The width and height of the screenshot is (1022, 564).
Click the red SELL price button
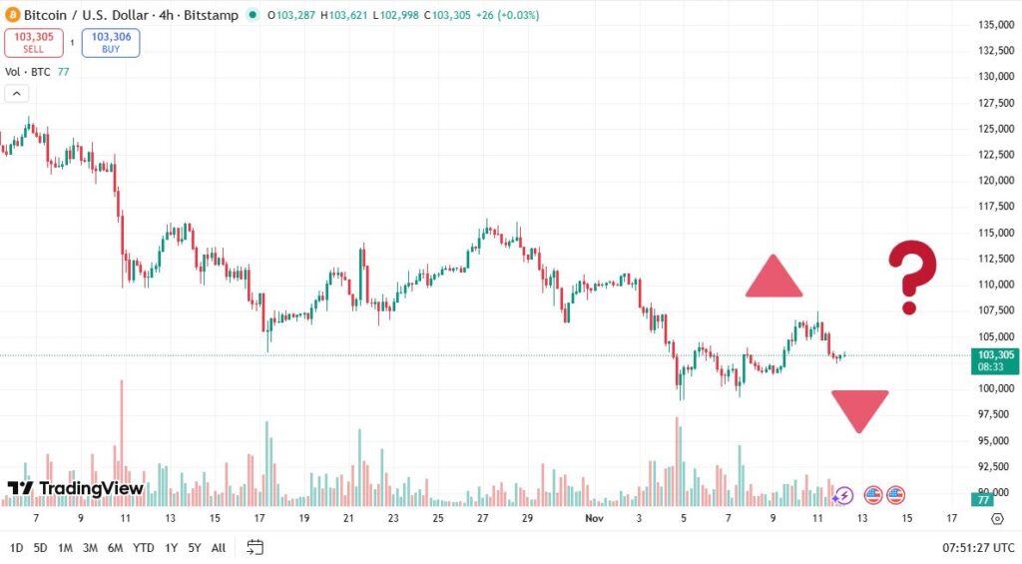pyautogui.click(x=34, y=42)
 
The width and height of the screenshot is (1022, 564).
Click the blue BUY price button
pyautogui.click(x=111, y=42)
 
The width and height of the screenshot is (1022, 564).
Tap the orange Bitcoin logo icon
pyautogui.click(x=13, y=15)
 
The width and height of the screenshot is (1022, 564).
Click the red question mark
pyautogui.click(x=912, y=278)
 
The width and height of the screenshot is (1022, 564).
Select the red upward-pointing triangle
pyautogui.click(x=773, y=278)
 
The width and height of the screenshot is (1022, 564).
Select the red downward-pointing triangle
pyautogui.click(x=859, y=409)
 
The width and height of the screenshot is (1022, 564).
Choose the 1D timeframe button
pyautogui.click(x=17, y=547)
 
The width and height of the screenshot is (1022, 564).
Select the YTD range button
pyautogui.click(x=143, y=547)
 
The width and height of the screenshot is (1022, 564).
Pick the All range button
pyautogui.click(x=218, y=547)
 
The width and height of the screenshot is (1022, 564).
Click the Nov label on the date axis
pyautogui.click(x=595, y=518)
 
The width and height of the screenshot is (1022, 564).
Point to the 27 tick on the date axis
pyautogui.click(x=483, y=518)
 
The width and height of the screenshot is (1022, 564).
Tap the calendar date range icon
pyautogui.click(x=255, y=547)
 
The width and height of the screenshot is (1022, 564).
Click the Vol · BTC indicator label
pyautogui.click(x=28, y=72)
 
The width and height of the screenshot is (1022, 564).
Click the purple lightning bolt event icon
pyautogui.click(x=843, y=494)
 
